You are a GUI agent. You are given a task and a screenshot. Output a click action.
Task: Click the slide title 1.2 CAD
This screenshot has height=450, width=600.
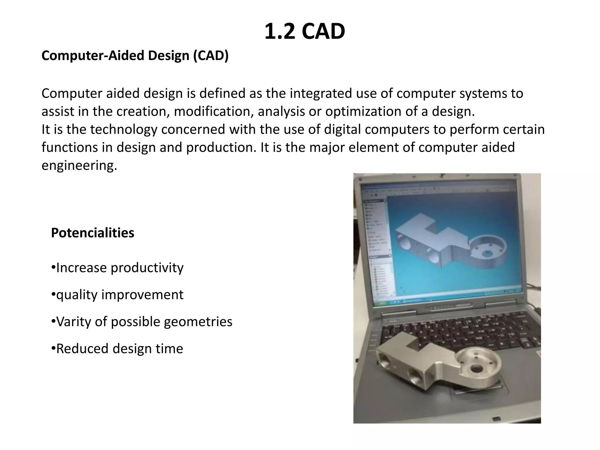[x=304, y=32]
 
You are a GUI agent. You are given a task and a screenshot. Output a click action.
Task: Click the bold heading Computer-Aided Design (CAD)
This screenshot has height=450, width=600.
[x=135, y=56]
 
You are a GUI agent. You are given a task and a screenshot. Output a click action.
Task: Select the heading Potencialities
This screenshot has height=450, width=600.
[x=93, y=233]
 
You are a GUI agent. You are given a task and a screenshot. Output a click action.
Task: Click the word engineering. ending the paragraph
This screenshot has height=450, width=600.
[x=79, y=166]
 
